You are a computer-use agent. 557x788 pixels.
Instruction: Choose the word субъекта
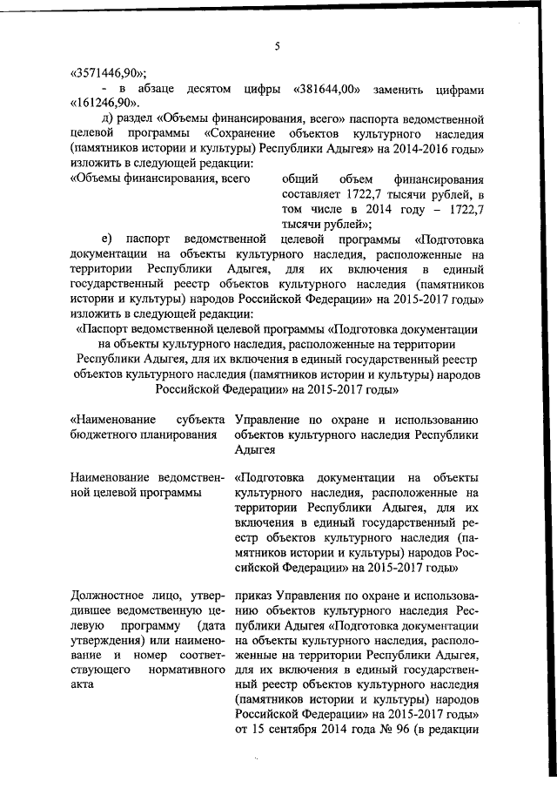click(200, 419)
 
